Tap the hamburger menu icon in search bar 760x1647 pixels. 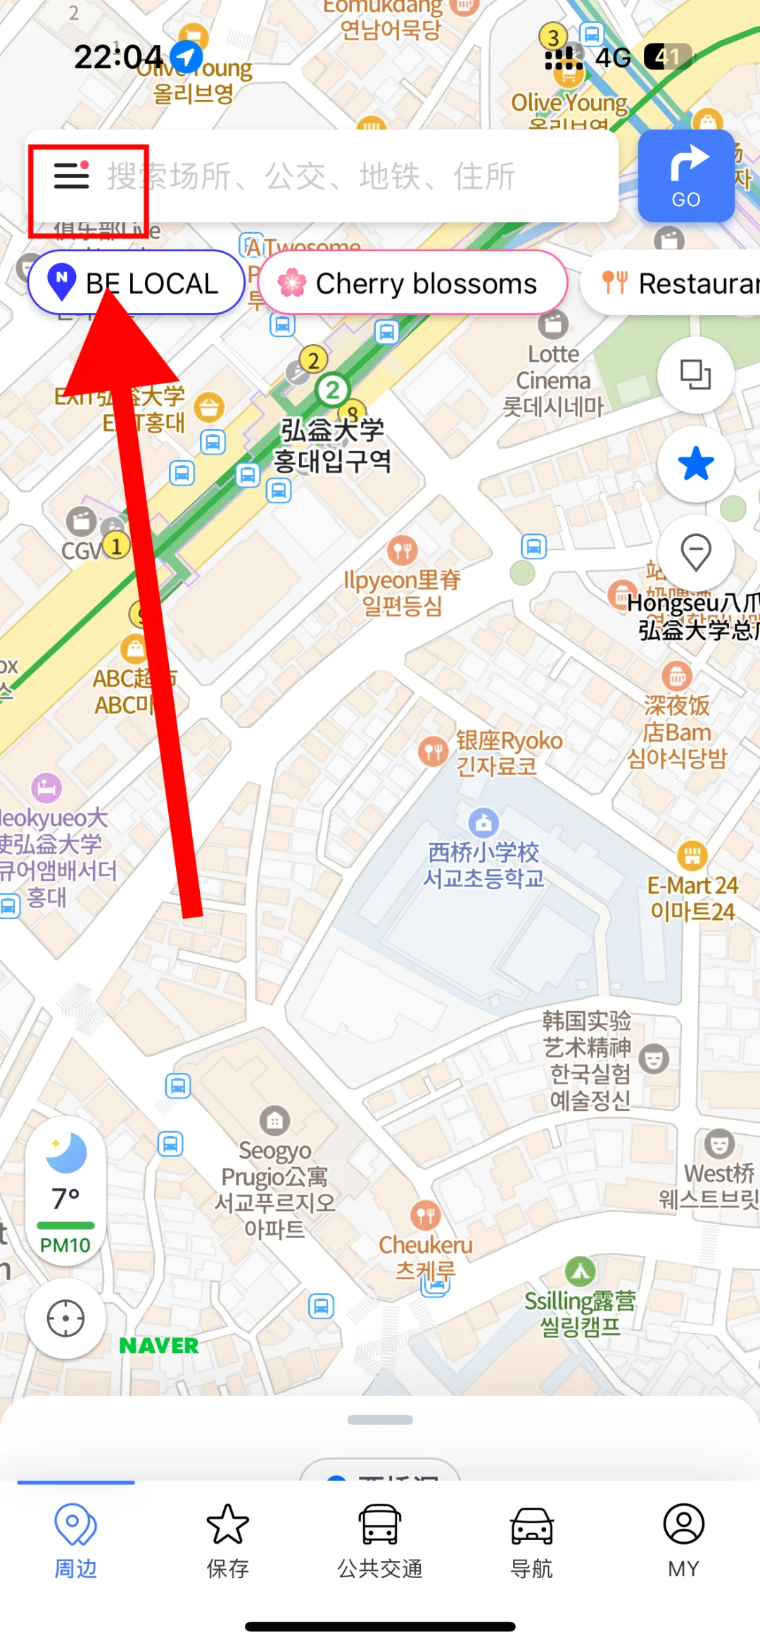click(72, 175)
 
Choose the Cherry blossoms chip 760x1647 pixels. click(412, 284)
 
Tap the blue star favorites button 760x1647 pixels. click(696, 464)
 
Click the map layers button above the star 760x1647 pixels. click(696, 374)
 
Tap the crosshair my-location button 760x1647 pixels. click(65, 1318)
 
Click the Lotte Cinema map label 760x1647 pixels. click(553, 379)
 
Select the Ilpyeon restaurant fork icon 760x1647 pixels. click(403, 549)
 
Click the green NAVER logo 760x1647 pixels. click(159, 1346)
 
